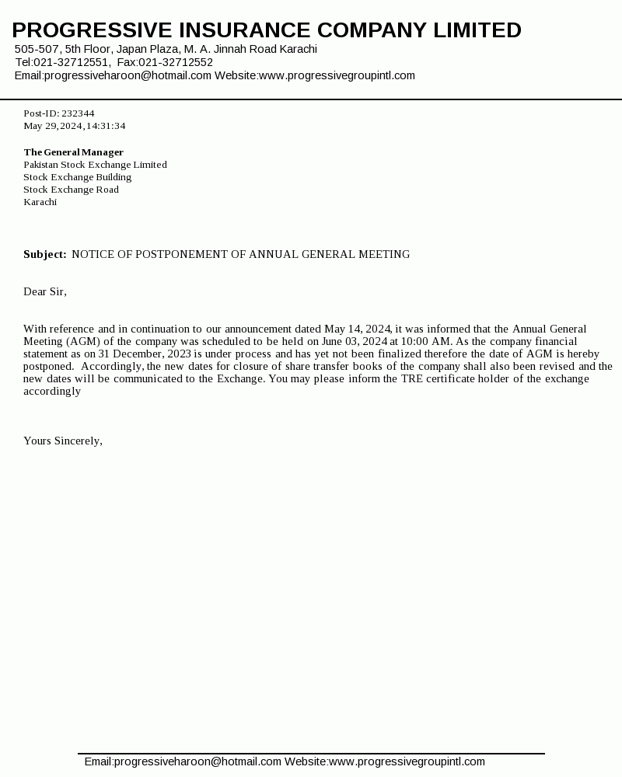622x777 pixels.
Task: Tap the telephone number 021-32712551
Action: point(71,62)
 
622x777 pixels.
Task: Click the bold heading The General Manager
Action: point(74,152)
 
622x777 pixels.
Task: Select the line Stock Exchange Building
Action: point(78,177)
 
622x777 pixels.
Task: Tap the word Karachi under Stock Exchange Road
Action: point(40,202)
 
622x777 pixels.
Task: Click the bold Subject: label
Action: point(45,255)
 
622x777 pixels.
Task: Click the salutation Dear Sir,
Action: point(45,292)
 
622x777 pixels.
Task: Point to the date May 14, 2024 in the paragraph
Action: point(358,329)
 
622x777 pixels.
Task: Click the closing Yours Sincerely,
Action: point(63,441)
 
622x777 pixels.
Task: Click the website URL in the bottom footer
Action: point(407,762)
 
